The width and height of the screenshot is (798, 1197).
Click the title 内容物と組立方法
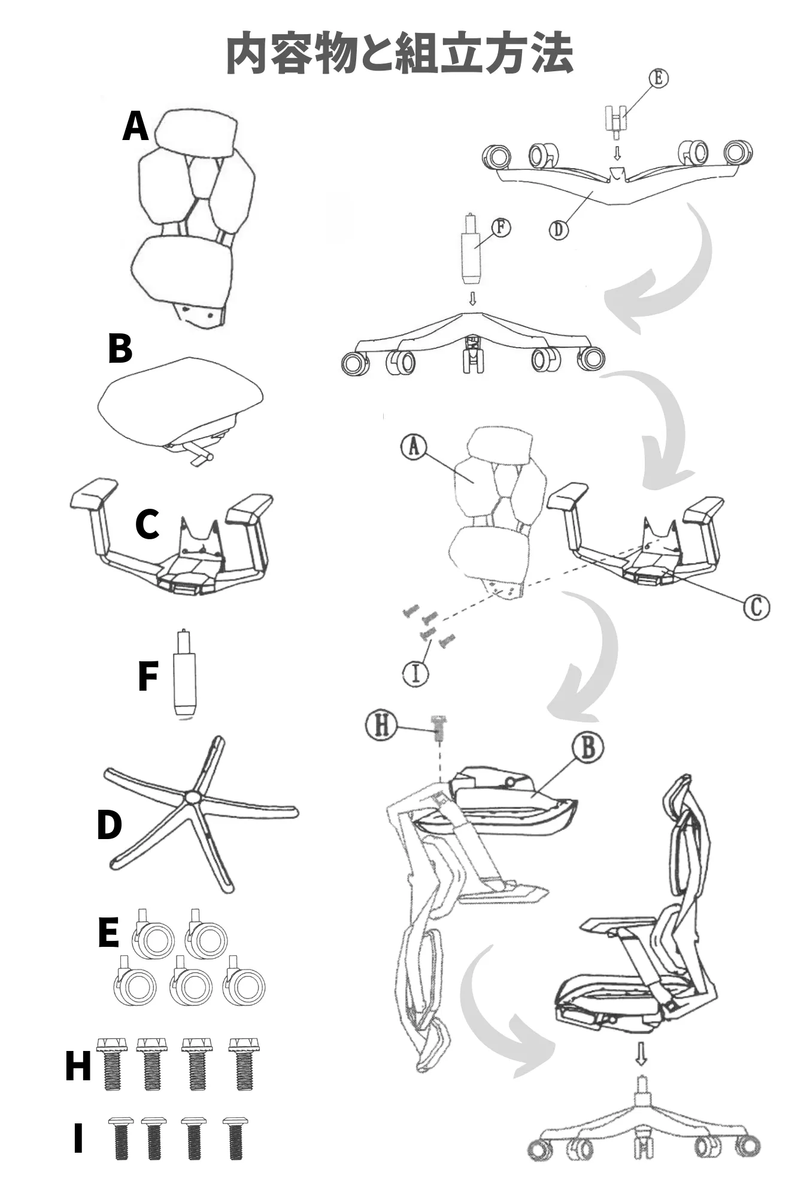pos(399,54)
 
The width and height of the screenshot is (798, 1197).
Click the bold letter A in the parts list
pos(135,127)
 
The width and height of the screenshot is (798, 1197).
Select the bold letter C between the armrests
pos(147,524)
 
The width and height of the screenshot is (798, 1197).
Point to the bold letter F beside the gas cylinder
pos(147,676)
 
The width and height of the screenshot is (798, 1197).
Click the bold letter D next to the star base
pos(110,825)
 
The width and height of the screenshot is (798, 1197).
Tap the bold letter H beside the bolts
pos(78,1067)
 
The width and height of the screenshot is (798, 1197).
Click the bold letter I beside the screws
pos(78,1138)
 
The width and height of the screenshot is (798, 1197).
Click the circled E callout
pos(659,78)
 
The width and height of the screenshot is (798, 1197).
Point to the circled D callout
pos(559,229)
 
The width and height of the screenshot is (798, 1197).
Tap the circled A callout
pos(414,446)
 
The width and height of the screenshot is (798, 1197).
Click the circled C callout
pos(756,607)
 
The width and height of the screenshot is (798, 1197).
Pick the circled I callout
pos(415,673)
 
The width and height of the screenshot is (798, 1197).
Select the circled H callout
pos(381,725)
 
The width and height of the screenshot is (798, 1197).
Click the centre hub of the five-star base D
pos(192,797)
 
